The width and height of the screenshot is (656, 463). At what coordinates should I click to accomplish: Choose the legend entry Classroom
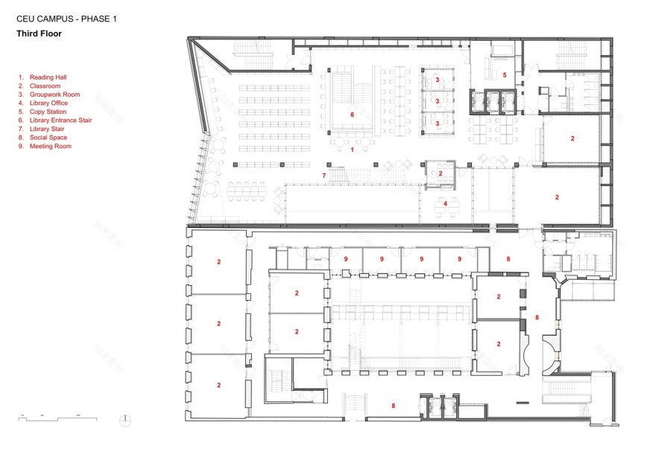46,86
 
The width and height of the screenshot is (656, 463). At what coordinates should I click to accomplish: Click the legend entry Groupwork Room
54,95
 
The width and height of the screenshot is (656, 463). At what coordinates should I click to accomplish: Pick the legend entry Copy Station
48,112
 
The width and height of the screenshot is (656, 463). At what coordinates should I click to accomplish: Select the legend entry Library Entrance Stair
60,120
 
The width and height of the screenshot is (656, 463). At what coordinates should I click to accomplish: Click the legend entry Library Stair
48,129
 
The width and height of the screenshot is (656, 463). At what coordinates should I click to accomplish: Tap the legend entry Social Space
49,138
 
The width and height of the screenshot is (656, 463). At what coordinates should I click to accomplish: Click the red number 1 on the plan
352,150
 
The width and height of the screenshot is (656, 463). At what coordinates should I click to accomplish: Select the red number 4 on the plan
445,202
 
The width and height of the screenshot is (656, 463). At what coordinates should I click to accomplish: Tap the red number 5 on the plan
504,75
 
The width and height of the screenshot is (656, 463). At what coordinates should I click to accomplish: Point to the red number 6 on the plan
352,115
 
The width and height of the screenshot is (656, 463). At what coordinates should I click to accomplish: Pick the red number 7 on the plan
324,175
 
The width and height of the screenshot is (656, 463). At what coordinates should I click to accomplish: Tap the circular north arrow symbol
124,420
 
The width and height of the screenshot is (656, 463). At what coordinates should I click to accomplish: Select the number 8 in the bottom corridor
393,406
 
